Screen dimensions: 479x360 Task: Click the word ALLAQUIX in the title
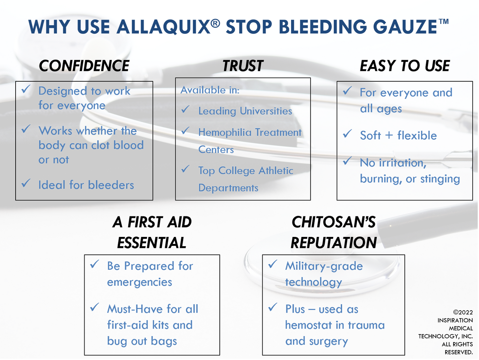(x=163, y=27)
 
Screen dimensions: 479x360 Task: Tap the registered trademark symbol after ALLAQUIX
(x=215, y=23)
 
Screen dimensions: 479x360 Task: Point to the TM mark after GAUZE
(x=444, y=22)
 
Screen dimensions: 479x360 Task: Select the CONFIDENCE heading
(x=84, y=66)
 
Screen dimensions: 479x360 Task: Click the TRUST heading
(x=243, y=66)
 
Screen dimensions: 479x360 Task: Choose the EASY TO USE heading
(x=405, y=66)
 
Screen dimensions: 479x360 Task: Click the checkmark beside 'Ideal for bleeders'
(x=26, y=183)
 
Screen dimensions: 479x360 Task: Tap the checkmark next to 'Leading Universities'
(x=186, y=109)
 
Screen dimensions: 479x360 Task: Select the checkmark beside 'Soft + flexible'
(x=347, y=133)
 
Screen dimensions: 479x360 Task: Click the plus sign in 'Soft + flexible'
(x=389, y=135)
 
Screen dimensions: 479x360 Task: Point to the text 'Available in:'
(x=210, y=90)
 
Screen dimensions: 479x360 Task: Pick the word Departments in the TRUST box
(x=228, y=188)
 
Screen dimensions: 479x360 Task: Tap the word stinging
(x=440, y=179)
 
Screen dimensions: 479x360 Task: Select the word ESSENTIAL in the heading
(x=152, y=243)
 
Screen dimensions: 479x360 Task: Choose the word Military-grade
(x=324, y=266)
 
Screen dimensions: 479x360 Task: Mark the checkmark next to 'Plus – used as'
(x=273, y=307)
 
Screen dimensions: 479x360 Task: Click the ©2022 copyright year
(x=463, y=312)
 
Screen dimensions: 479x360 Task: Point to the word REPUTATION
(x=334, y=243)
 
